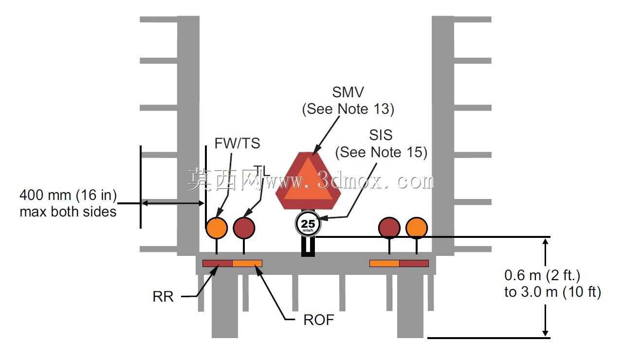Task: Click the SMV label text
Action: pos(348,92)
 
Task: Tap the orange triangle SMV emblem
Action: pos(308,180)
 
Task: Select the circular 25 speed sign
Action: pos(308,224)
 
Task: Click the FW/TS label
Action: pos(237,144)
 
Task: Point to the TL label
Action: pos(262,170)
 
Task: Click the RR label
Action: pos(163,297)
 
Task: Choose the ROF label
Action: pos(318,320)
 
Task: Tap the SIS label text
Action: pos(381,135)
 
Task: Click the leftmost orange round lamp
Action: pos(217,228)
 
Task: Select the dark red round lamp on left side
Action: pos(244,228)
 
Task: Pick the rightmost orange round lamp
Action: pos(417,228)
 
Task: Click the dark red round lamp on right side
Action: pos(389,228)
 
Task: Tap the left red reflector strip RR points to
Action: pos(218,263)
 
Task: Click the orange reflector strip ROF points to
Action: pos(247,263)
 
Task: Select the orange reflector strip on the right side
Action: pos(385,263)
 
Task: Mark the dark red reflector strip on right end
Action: pos(414,263)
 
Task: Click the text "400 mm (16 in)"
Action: pos(68,195)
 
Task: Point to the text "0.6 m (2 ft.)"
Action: pos(542,275)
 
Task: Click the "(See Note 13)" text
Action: pos(348,109)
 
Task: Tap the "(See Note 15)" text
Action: pos(381,152)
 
